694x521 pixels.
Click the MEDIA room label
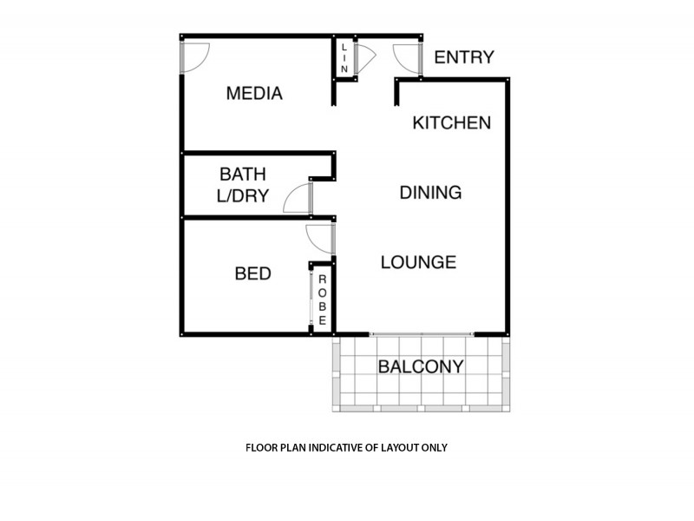coord(254,94)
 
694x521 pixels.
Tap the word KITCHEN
coord(451,122)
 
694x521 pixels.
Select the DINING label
coord(430,193)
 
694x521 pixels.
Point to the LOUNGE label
coord(418,261)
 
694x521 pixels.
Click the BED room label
coord(253,274)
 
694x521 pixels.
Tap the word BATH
coord(242,175)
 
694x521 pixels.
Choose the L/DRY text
coord(242,196)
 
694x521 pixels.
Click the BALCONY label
coord(420,366)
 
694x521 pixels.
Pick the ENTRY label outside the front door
coord(463,58)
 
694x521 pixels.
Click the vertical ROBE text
coord(322,300)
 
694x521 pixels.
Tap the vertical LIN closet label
coord(344,57)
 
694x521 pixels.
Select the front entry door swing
coord(407,57)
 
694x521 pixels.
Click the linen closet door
coord(364,57)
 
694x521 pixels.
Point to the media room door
coord(193,57)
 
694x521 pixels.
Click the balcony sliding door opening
coord(422,334)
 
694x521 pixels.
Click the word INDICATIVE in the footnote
coord(331,449)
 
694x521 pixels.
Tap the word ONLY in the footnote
coord(432,449)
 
